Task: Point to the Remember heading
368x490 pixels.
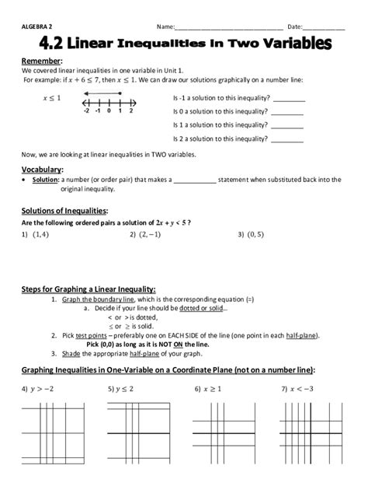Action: coord(40,61)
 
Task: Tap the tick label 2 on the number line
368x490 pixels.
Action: coord(131,111)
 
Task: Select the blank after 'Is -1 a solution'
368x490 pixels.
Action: coord(288,100)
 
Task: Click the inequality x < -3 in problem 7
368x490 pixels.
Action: coord(305,387)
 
